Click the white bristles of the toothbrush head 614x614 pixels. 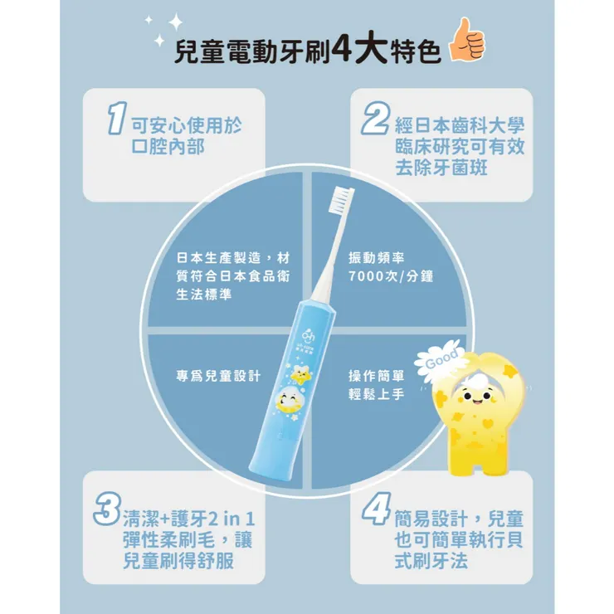pyautogui.click(x=343, y=200)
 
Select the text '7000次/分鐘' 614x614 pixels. pyautogui.click(x=392, y=275)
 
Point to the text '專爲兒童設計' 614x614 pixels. pyautogui.click(x=218, y=376)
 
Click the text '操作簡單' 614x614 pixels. pyautogui.click(x=376, y=376)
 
